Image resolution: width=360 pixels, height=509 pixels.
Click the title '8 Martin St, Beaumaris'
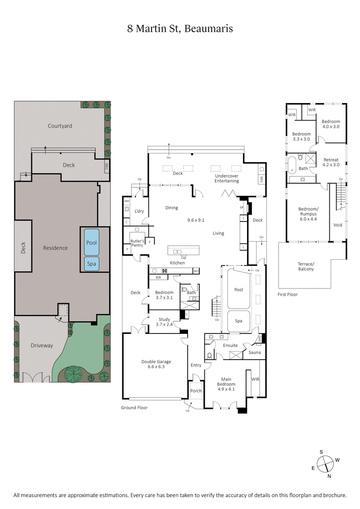180,29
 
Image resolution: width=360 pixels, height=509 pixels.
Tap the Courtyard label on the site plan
60,126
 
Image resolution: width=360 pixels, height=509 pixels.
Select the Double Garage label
156,364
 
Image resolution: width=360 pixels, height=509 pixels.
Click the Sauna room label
255,352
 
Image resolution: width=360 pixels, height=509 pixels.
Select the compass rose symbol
325,463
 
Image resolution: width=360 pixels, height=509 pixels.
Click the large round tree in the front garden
73,373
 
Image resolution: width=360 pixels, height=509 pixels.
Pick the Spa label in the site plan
91,264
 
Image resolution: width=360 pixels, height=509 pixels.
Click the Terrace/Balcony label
306,266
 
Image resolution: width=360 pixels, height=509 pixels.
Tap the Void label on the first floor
337,225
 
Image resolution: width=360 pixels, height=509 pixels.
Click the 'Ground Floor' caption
134,407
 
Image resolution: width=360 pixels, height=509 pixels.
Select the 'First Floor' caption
288,294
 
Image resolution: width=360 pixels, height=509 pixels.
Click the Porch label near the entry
196,391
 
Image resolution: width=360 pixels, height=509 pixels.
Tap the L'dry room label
139,211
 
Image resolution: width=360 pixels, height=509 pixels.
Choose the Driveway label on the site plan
41,346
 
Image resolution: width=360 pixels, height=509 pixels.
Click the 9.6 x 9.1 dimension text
196,221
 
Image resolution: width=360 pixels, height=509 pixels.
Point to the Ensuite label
230,346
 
